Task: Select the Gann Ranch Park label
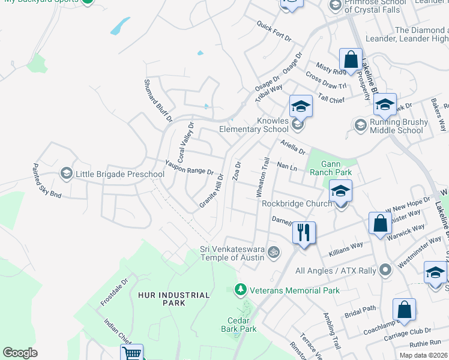tap(339, 168)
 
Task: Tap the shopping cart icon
tap(131, 353)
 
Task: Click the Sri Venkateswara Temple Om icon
tap(274, 252)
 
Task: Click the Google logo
tap(20, 352)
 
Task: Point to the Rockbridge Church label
tap(297, 203)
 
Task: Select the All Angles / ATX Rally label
tap(336, 271)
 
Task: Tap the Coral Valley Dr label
tap(184, 139)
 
